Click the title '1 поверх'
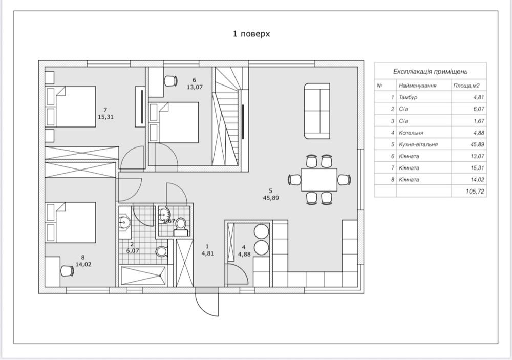(x=251, y=34)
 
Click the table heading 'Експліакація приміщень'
(x=430, y=72)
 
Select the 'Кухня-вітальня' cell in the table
(x=419, y=144)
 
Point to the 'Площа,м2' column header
(x=468, y=86)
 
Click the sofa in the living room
(x=317, y=111)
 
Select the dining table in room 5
(x=318, y=179)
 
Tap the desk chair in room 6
(x=170, y=80)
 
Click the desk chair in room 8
(x=66, y=270)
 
